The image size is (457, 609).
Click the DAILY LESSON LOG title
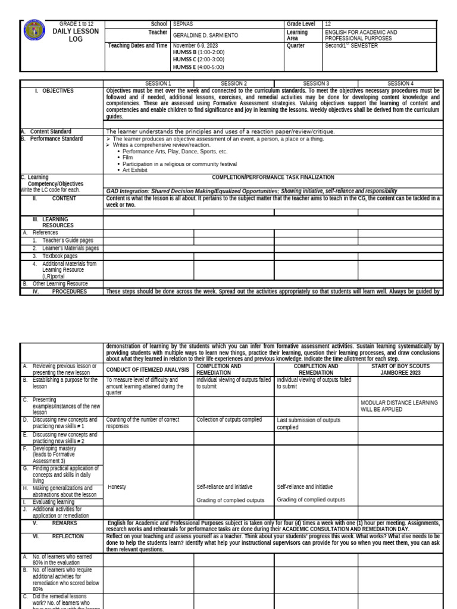76,35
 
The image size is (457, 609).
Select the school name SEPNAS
182,24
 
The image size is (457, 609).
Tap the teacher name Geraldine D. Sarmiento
205,35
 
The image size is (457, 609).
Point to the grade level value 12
328,24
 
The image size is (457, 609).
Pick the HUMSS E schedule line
198,67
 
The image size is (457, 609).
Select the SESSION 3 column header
315,83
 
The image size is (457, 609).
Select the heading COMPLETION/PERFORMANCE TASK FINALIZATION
273,177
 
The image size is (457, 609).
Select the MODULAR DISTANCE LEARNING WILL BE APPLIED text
399,406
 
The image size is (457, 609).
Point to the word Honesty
117,487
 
